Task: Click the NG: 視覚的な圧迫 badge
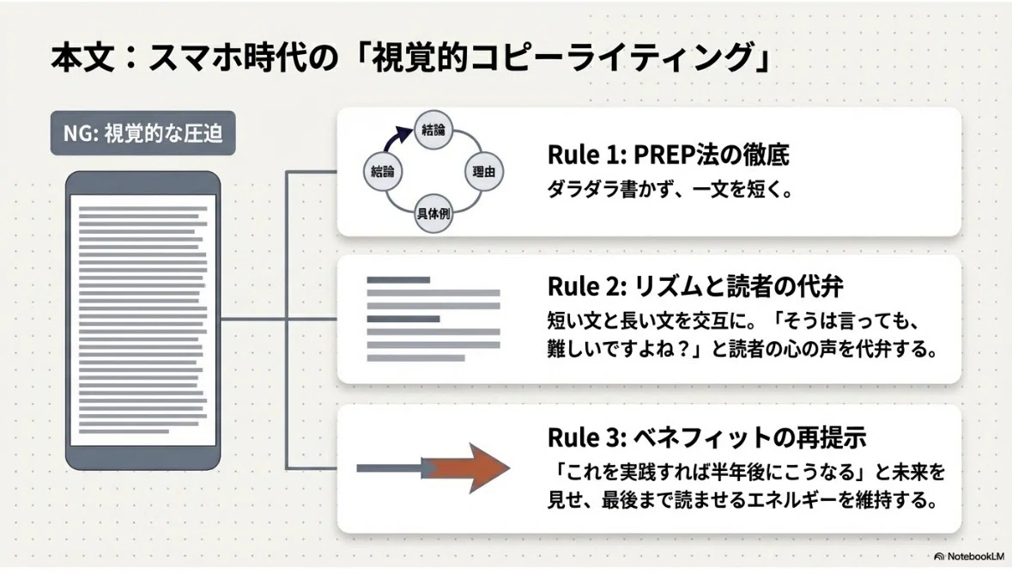tap(142, 133)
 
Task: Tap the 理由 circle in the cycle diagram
tap(483, 171)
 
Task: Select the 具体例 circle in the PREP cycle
tap(433, 213)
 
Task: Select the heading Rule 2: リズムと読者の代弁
tap(695, 286)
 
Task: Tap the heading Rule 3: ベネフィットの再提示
tap(706, 437)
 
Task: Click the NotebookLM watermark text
tap(975, 557)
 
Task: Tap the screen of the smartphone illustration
tap(142, 320)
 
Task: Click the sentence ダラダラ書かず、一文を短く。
tap(670, 189)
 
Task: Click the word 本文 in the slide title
tap(82, 57)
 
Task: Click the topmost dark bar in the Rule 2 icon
tap(398, 280)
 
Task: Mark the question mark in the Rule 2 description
tap(684, 349)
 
